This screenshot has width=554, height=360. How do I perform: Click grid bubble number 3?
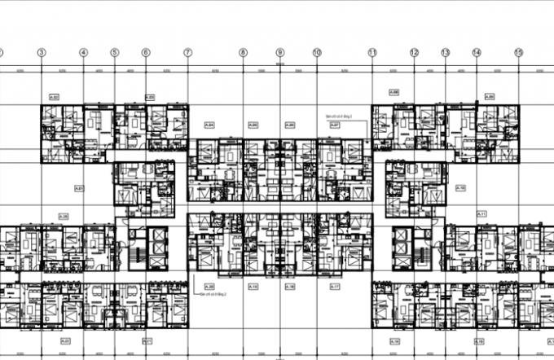point(42,52)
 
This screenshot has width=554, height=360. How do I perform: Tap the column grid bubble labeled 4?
point(83,52)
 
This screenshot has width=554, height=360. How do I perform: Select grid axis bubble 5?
point(114,52)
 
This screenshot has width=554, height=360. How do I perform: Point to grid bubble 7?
point(187,52)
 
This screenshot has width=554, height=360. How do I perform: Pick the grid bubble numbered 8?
point(243,52)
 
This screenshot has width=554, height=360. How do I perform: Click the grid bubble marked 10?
point(316,52)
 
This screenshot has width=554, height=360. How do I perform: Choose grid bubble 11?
point(372,52)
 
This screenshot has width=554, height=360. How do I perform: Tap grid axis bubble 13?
point(445,52)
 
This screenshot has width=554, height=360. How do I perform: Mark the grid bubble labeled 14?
point(476,52)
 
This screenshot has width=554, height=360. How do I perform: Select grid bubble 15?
point(518,52)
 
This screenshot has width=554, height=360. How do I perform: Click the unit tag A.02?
point(55,98)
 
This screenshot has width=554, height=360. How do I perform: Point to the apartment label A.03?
point(150,98)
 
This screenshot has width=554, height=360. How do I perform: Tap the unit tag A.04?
point(209,125)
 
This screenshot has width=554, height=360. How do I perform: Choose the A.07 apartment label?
point(334,125)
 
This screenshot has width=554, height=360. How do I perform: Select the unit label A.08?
point(394,92)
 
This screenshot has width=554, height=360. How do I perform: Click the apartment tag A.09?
point(490,98)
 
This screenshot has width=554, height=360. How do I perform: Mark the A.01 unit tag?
point(79,188)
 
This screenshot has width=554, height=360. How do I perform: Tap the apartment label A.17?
point(334,287)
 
